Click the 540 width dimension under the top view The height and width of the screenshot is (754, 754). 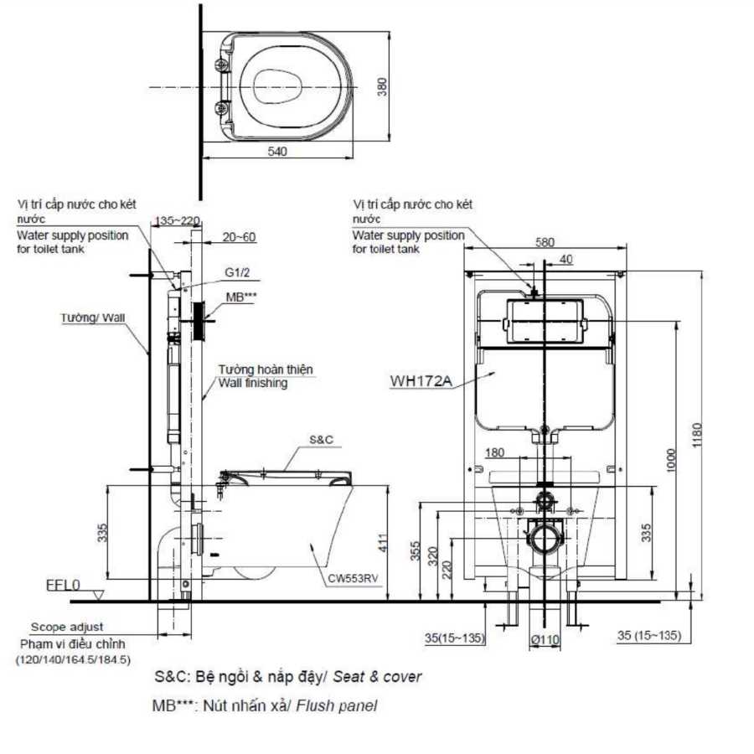277,152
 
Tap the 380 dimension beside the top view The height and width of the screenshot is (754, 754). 382,87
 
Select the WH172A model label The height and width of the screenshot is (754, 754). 421,381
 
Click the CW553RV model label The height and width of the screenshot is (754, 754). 353,578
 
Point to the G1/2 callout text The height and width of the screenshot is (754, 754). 238,272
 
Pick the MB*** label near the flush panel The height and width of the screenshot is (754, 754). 241,297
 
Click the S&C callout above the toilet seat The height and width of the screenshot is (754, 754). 321,440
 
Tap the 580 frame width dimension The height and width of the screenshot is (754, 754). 545,242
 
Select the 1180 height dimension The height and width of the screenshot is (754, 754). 697,435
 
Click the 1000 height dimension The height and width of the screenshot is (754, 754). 672,460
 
